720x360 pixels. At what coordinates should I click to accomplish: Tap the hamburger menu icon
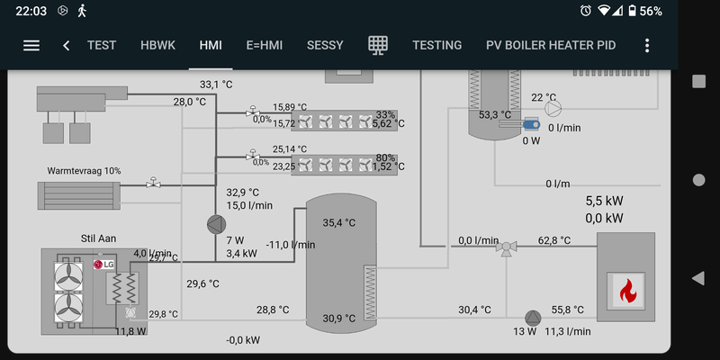[x=31, y=45]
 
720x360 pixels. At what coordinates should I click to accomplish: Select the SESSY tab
[x=325, y=45]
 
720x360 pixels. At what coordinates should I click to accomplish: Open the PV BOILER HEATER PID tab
[x=551, y=45]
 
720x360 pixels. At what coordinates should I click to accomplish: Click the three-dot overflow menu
[x=647, y=45]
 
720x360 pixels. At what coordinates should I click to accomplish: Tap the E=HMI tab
[x=264, y=45]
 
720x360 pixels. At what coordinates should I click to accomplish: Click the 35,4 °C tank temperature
[x=339, y=222]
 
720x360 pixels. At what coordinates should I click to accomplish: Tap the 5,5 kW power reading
[x=605, y=202]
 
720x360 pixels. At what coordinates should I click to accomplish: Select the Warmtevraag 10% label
[x=84, y=170]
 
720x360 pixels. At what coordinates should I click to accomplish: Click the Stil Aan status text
[x=100, y=238]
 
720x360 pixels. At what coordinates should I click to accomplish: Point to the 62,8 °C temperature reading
[x=554, y=240]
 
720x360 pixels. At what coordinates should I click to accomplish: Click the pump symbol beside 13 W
[x=533, y=317]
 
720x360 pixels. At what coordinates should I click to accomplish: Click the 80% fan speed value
[x=386, y=157]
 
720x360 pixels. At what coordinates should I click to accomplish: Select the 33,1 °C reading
[x=216, y=85]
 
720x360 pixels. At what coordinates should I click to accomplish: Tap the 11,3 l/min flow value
[x=569, y=331]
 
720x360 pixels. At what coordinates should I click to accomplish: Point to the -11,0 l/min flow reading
[x=291, y=244]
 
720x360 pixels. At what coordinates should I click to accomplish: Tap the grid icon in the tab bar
[x=379, y=45]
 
